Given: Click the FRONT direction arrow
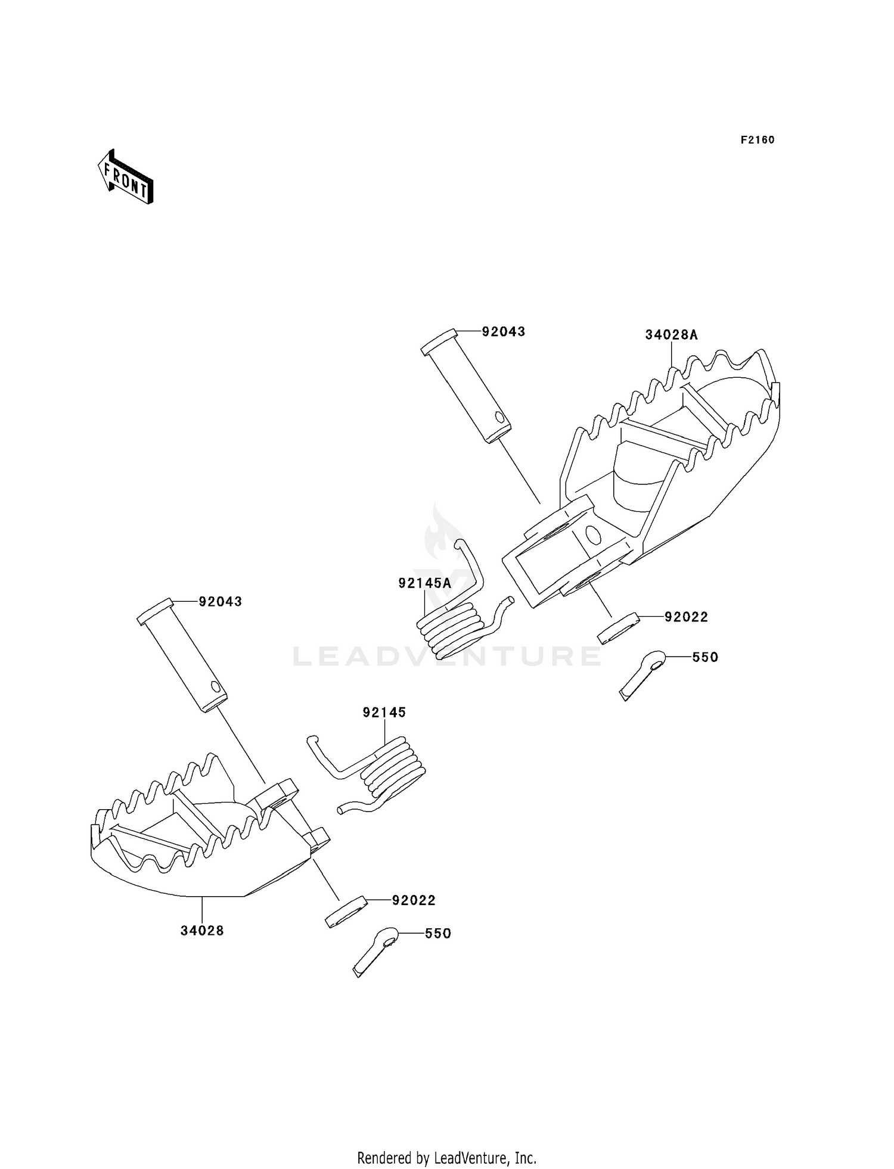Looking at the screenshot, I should tap(126, 177).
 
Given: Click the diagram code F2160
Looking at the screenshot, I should tap(757, 140).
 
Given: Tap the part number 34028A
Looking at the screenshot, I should tap(671, 335).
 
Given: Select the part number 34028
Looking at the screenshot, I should tap(202, 930).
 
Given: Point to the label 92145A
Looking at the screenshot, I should tap(424, 583).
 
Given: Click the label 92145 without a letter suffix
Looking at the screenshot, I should tap(384, 712).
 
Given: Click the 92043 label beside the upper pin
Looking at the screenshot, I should tap(504, 331).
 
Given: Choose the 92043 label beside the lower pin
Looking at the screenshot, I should tap(221, 602).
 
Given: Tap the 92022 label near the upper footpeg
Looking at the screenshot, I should tap(687, 617).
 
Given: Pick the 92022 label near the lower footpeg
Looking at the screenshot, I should tap(414, 900).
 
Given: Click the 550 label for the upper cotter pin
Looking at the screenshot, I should tap(705, 657).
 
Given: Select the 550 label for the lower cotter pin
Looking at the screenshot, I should tap(437, 934).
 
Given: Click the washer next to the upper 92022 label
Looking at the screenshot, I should tap(619, 629).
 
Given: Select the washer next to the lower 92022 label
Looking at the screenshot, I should tap(346, 911).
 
